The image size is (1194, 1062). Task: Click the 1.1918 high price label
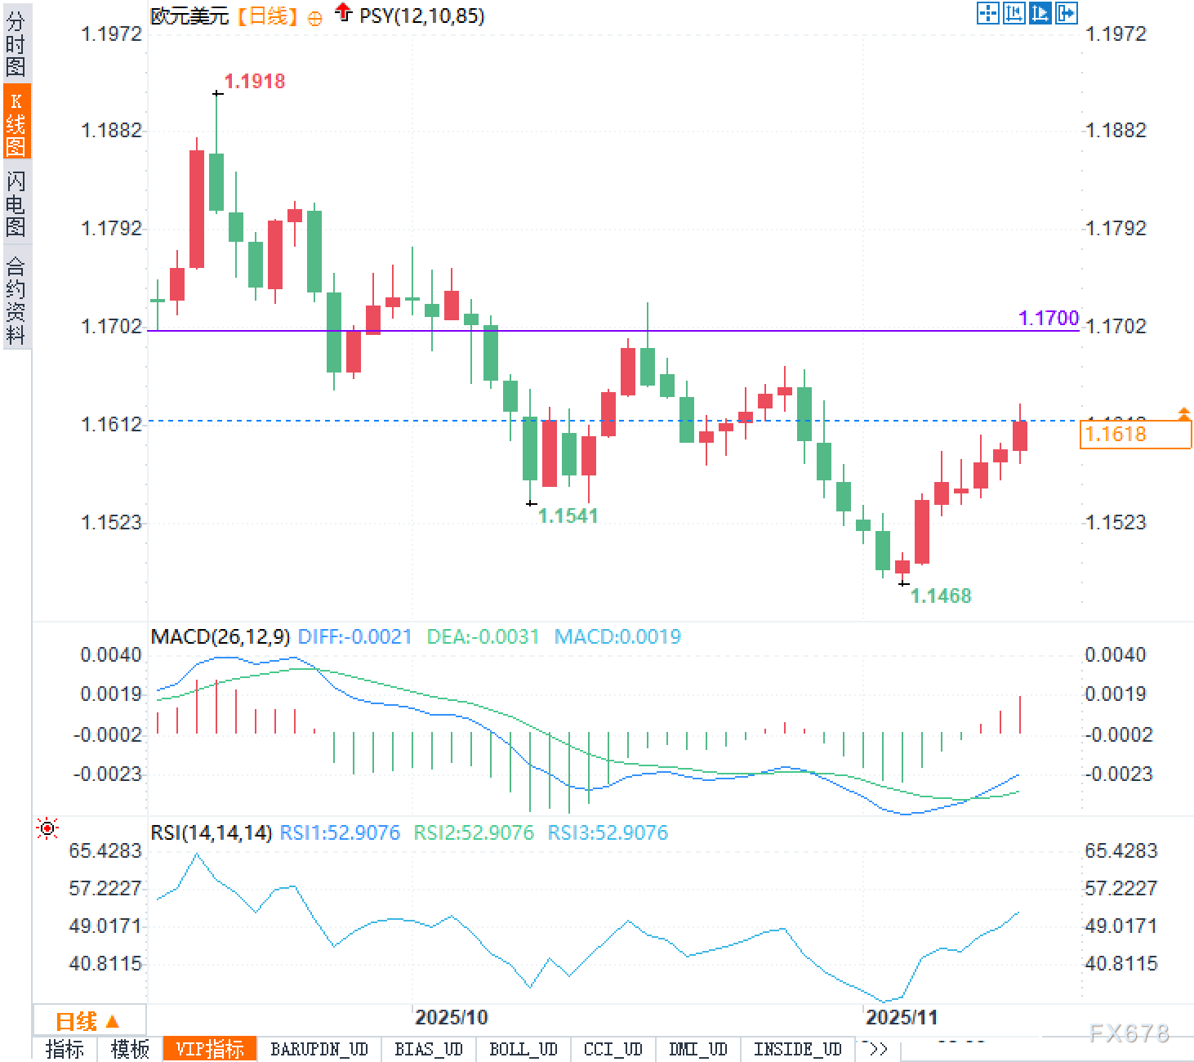coord(254,81)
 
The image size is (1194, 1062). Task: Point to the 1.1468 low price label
coord(941,596)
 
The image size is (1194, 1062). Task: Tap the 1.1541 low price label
coord(568,515)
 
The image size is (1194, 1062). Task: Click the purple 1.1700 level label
coord(1049,318)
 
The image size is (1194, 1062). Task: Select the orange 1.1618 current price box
coord(1134,434)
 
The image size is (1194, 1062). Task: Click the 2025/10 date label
coord(451,1017)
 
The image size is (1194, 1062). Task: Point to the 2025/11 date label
coord(901,1017)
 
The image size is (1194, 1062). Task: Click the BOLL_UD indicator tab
coord(523,1049)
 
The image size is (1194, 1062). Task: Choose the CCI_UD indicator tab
coord(613,1049)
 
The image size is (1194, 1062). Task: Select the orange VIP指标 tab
coord(210,1049)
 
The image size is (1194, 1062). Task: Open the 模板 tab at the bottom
coord(130,1049)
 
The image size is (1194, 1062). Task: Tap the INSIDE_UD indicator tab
coord(797,1049)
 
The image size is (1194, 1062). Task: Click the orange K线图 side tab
coord(16,123)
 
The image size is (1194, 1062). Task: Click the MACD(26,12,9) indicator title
coord(220,636)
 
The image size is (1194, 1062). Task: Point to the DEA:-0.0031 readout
coord(483,636)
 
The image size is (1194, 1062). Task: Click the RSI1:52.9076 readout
coord(340,832)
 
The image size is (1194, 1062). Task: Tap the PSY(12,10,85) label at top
coord(421,16)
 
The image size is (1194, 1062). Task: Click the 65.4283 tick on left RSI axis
coord(105,850)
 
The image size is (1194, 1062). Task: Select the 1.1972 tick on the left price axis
coord(111,33)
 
